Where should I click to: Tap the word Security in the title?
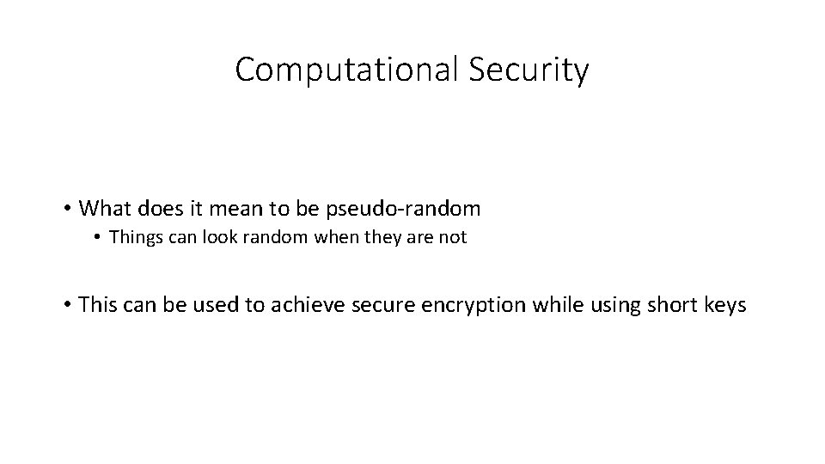coord(529,70)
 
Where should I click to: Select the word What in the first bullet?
coord(107,209)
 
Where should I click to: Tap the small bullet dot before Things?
coord(101,239)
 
